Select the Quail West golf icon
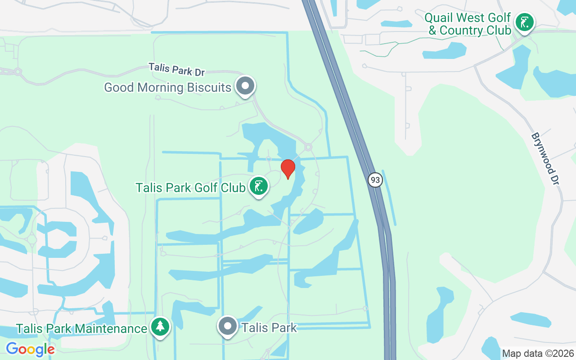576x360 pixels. pos(524,22)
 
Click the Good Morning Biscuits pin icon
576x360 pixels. pos(245,85)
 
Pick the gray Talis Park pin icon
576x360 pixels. pos(228,326)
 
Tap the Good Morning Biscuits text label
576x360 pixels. pos(167,87)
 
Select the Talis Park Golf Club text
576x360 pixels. pos(191,187)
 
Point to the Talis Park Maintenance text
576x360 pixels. pos(82,328)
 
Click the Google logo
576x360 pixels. pos(30,349)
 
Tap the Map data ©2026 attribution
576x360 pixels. pos(538,353)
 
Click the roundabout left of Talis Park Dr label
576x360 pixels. pos(18,72)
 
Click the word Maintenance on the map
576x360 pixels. pos(111,328)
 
